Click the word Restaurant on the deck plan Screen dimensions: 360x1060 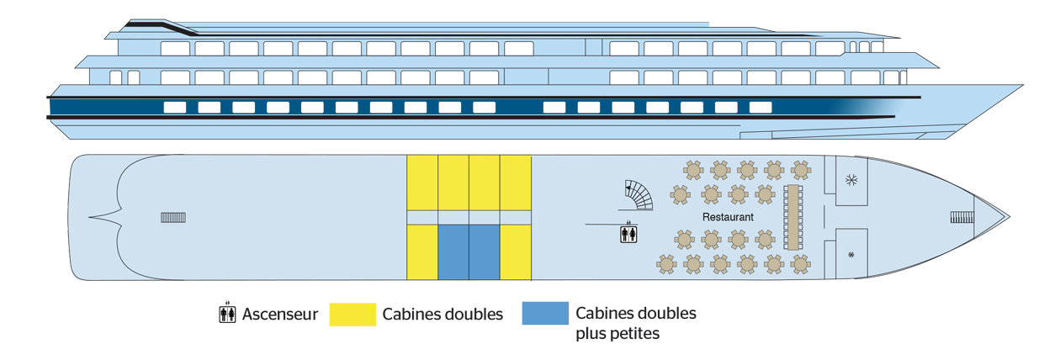(728, 217)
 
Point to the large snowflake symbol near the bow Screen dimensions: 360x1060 (851, 180)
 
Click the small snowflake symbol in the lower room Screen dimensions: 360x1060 (851, 254)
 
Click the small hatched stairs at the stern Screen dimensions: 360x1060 (173, 218)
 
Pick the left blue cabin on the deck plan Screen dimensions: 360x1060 (453, 251)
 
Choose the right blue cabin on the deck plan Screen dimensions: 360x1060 (485, 251)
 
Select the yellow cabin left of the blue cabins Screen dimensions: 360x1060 (422, 251)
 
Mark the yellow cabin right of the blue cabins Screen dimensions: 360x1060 (516, 251)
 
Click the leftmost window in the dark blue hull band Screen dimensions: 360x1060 (174, 107)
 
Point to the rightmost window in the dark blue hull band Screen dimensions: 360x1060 (761, 107)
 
